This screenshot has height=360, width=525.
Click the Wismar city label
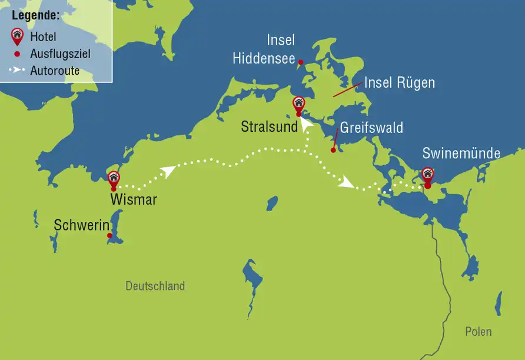pos(134,199)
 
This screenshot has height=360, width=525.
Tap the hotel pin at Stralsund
pos(298,104)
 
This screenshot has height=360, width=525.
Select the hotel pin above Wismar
pos(114,178)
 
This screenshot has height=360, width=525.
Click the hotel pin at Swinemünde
pos(427,174)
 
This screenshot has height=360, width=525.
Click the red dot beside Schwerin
pos(109,236)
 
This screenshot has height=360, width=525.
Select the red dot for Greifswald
pos(333,150)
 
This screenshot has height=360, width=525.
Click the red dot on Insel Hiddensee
pos(300,62)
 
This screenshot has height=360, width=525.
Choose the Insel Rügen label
pos(400,83)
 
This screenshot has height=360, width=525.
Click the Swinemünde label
pos(461,154)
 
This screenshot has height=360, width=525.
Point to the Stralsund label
pos(269,126)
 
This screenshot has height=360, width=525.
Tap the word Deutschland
pos(155,286)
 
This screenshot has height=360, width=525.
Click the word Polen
pos(478,332)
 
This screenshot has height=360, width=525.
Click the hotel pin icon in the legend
pos(17,37)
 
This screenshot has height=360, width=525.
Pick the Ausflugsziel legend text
pos(60,55)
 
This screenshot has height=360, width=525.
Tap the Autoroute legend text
pos(55,71)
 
